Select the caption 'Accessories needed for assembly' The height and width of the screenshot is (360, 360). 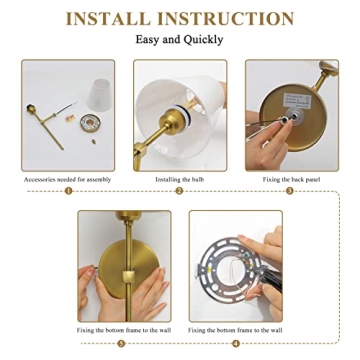point(67,180)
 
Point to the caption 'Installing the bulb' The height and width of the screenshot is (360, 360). point(180,180)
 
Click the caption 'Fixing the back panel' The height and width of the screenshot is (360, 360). point(292,180)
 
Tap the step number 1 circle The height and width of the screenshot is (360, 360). point(68,190)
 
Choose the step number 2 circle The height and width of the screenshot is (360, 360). point(180,190)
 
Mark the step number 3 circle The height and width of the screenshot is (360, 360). point(292,190)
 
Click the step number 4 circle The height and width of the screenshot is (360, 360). point(236,342)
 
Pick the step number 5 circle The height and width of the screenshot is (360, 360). point(123,342)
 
